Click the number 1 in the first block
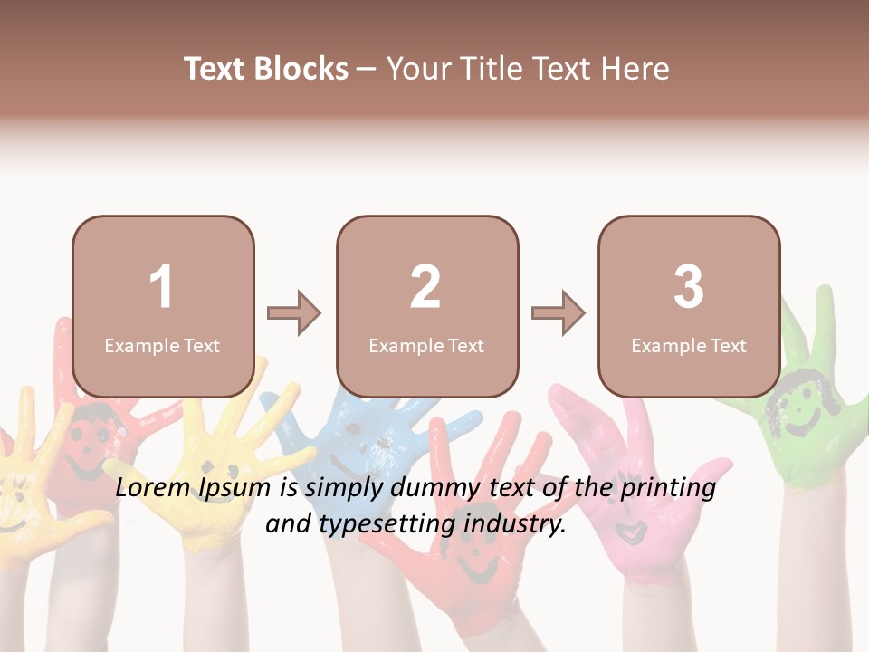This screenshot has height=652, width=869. [161, 287]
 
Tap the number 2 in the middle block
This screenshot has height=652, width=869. [425, 287]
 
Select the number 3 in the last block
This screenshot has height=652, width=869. [689, 287]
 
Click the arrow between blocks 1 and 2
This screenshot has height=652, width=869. [294, 313]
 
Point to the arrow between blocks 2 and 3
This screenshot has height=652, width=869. [559, 313]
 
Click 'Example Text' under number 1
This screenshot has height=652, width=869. [162, 346]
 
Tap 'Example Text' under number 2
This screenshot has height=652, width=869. [426, 346]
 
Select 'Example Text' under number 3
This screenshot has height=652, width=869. [689, 346]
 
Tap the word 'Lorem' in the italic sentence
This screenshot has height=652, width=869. [153, 488]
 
